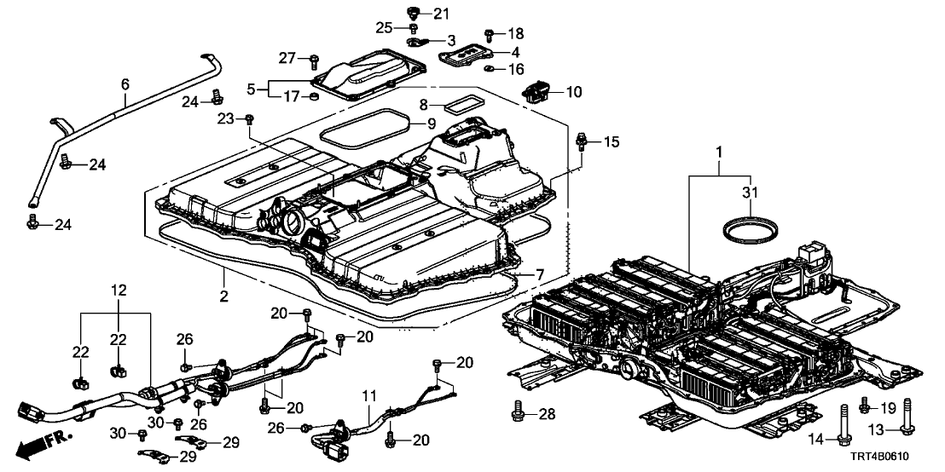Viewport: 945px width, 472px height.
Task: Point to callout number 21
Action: pos(440,13)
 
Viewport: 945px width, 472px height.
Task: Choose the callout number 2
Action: pos(223,296)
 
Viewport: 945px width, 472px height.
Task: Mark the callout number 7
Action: pos(538,274)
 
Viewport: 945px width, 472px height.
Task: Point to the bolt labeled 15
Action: pos(583,140)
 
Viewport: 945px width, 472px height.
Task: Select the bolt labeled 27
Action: pos(313,60)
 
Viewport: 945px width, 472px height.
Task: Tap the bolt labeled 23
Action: pos(250,119)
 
